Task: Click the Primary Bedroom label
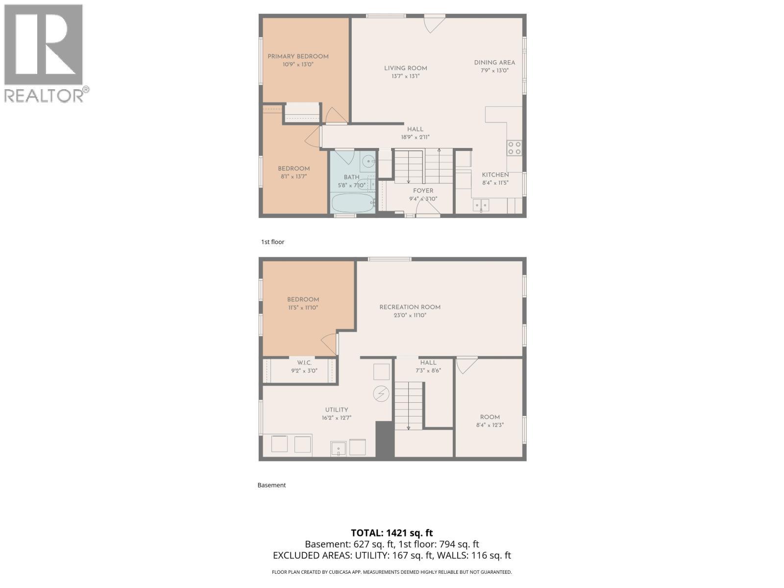[298, 56]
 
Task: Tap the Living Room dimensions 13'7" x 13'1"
[405, 76]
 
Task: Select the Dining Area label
[494, 62]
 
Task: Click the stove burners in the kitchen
[514, 147]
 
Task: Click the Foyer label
[423, 191]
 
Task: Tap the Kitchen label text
[495, 175]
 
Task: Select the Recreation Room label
[410, 307]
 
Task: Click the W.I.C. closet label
[304, 363]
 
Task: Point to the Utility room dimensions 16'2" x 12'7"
[336, 418]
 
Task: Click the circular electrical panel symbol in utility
[381, 393]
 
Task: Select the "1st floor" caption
[272, 242]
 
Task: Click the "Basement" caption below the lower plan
[271, 485]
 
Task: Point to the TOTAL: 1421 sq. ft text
[392, 533]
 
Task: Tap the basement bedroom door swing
[330, 343]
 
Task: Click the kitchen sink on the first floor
[481, 205]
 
